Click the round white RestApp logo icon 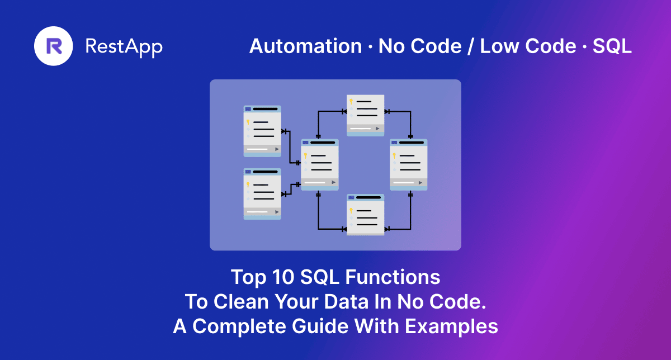[x=54, y=46]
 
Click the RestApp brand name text [x=124, y=46]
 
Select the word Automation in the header [x=305, y=46]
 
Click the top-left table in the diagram [x=262, y=131]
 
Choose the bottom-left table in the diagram [x=262, y=194]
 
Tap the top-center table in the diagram [x=366, y=115]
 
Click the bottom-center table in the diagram [x=366, y=215]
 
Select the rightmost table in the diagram [x=409, y=165]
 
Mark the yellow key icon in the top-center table [x=351, y=102]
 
